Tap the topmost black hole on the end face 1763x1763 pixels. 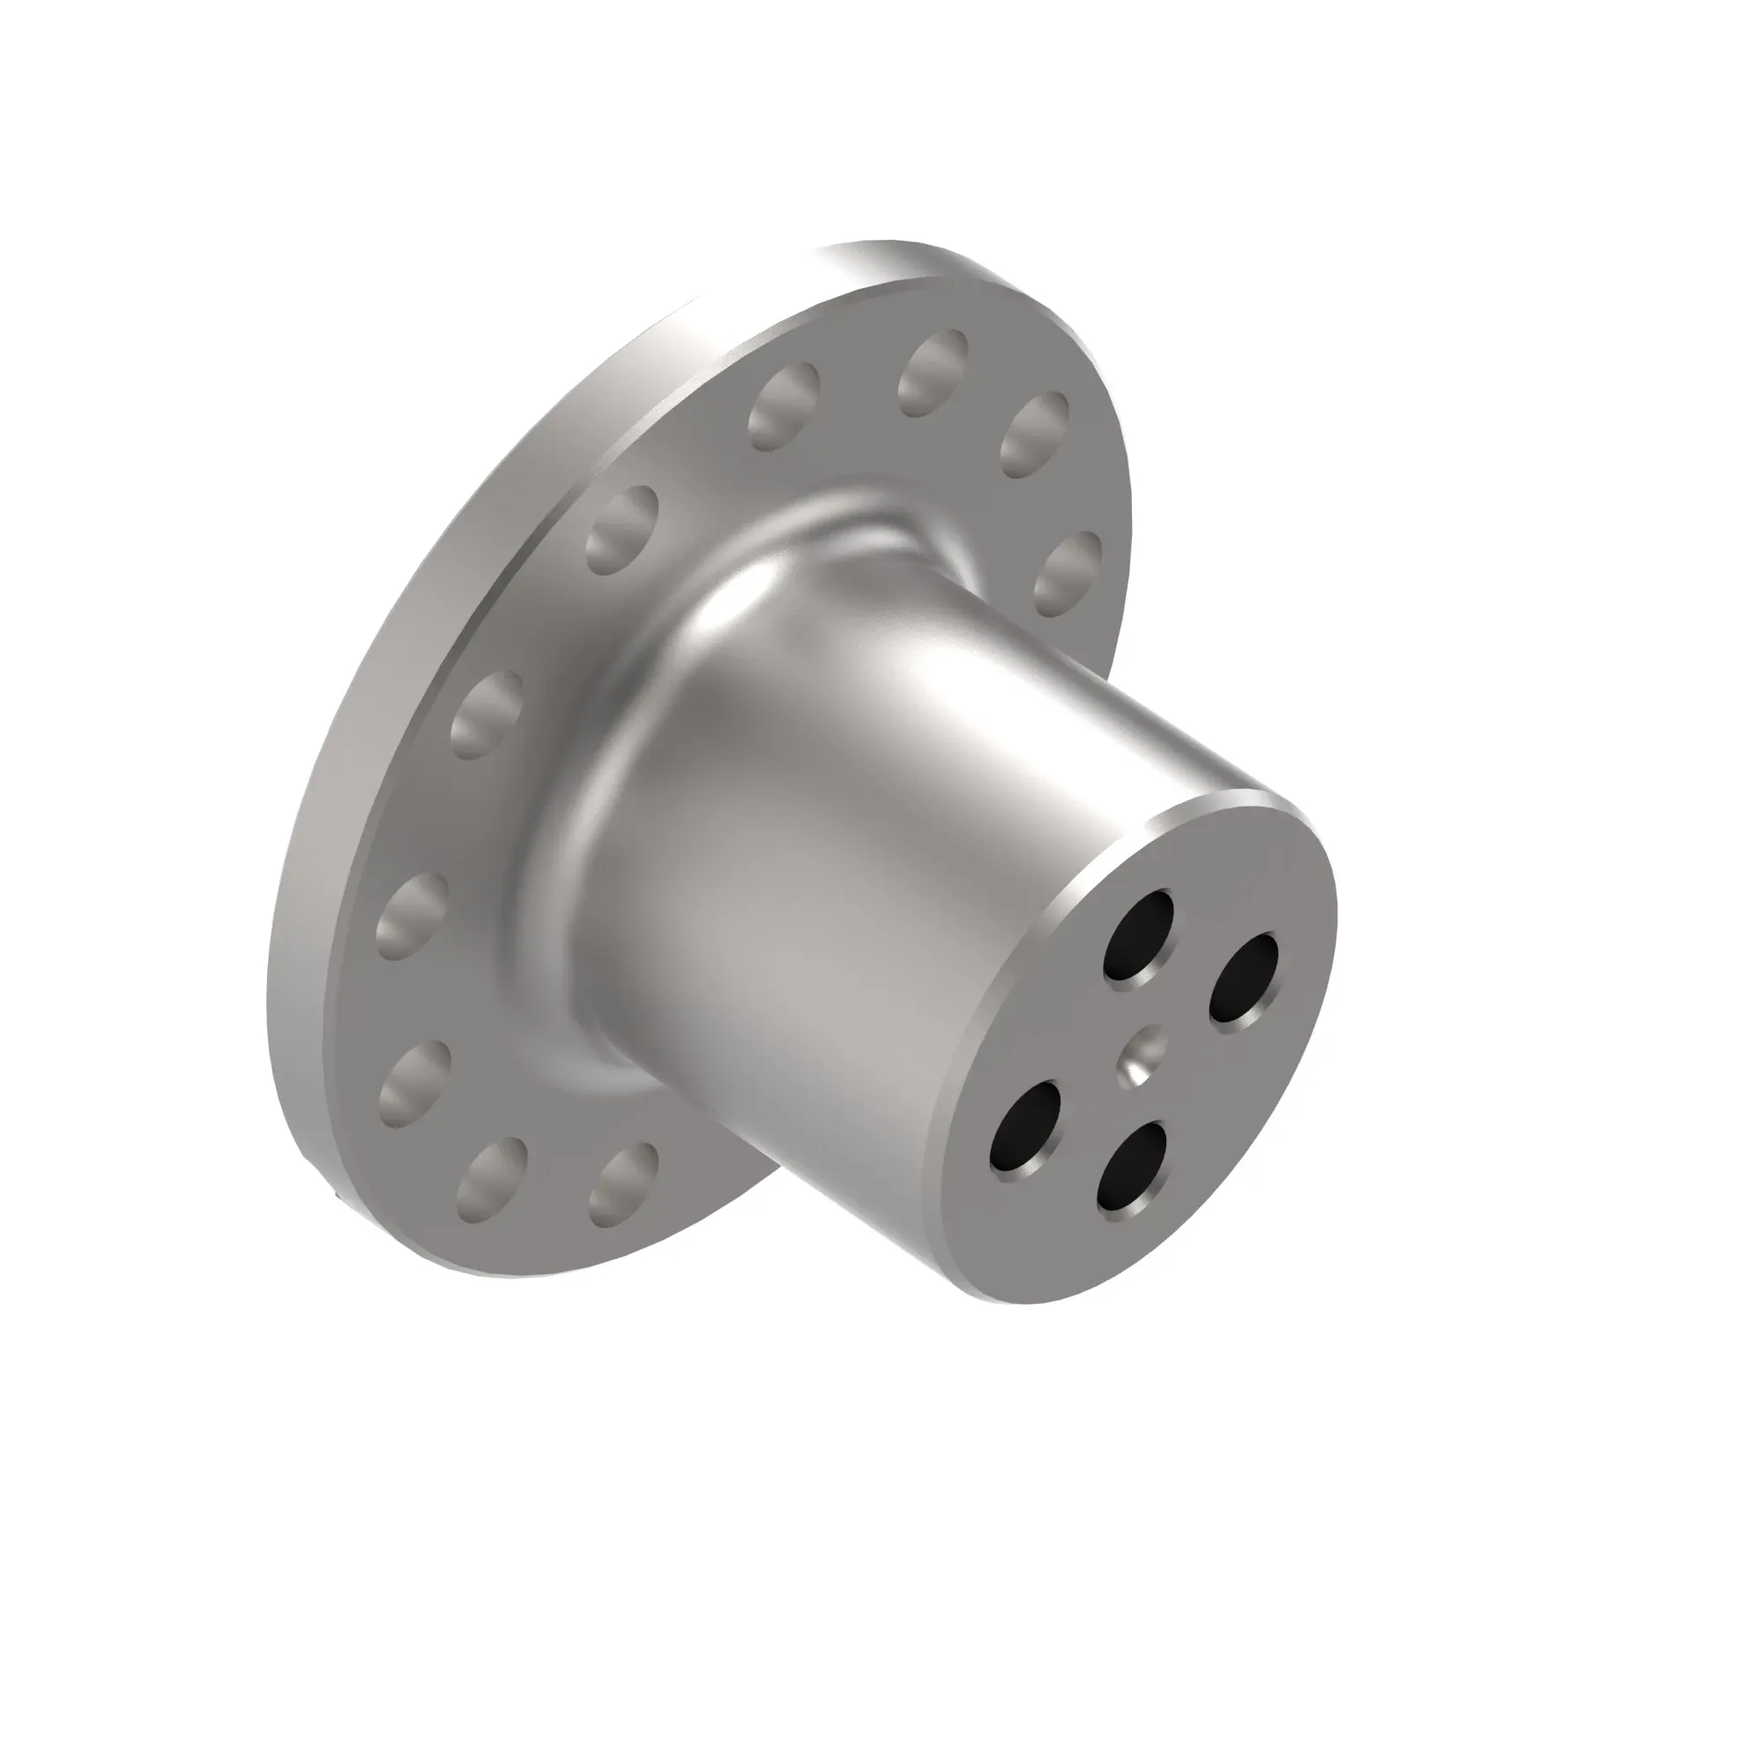pyautogui.click(x=1138, y=934)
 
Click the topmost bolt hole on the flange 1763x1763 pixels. pyautogui.click(x=933, y=372)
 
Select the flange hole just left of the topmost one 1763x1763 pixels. pyautogui.click(x=783, y=406)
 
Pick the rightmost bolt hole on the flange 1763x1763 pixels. pyautogui.click(x=1067, y=574)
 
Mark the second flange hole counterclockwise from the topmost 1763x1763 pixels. pyautogui.click(x=621, y=529)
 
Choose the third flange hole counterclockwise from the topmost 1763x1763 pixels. pyautogui.click(x=487, y=716)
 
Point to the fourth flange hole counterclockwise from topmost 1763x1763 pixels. pyautogui.click(x=412, y=915)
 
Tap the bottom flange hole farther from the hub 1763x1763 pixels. pyautogui.click(x=491, y=1182)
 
